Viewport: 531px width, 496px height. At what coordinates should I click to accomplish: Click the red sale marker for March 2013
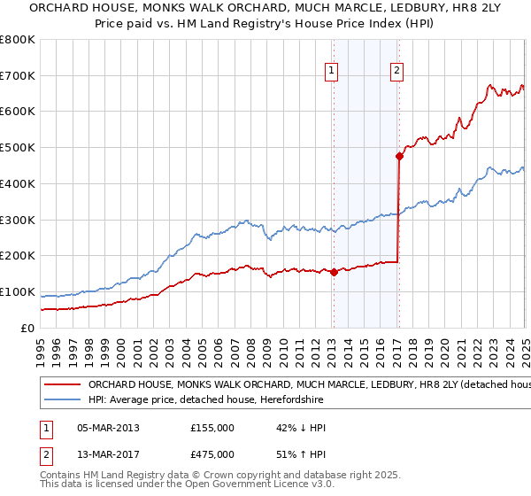click(x=334, y=273)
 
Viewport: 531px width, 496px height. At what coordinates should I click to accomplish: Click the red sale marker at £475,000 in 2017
click(x=399, y=156)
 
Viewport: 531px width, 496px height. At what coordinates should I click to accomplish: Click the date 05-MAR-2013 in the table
click(x=108, y=428)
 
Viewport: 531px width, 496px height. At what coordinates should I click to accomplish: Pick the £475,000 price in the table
click(x=212, y=454)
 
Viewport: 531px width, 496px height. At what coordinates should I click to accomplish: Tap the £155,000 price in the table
click(x=212, y=428)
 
